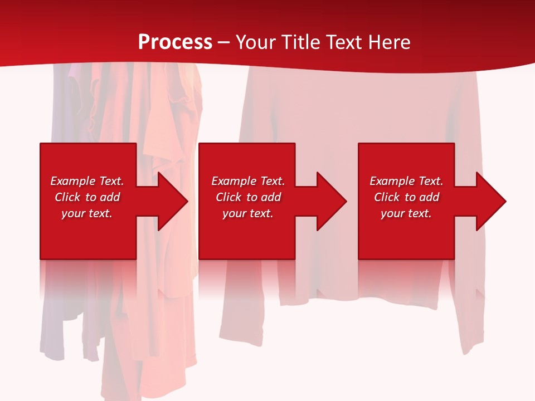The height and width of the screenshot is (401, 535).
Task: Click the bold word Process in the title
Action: (x=175, y=42)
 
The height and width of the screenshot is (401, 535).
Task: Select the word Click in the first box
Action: (x=68, y=197)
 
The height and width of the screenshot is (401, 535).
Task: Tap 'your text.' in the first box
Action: (x=87, y=213)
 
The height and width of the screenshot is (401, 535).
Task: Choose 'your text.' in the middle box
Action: (x=247, y=213)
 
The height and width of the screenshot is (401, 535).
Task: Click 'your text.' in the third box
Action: (x=406, y=213)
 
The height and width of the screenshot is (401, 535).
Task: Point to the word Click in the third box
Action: (x=387, y=197)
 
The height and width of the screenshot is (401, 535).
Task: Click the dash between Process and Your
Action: (x=224, y=43)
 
